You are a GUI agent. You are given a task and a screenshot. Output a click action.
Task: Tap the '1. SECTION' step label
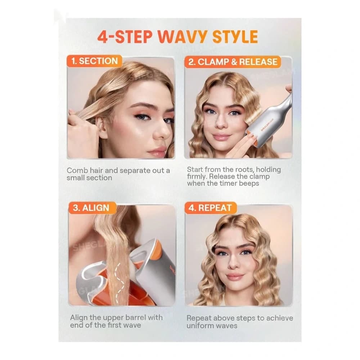(94, 61)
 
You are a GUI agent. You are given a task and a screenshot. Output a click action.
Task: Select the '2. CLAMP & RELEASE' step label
(233, 62)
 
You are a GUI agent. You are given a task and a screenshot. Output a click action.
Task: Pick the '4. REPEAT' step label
(210, 208)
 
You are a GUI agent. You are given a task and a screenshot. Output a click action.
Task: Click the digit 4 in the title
(103, 37)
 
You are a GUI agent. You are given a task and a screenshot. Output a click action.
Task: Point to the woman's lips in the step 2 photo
(221, 137)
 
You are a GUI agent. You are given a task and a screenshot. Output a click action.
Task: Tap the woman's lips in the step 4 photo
(235, 276)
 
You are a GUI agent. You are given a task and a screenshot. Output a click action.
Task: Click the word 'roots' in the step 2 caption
(245, 170)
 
